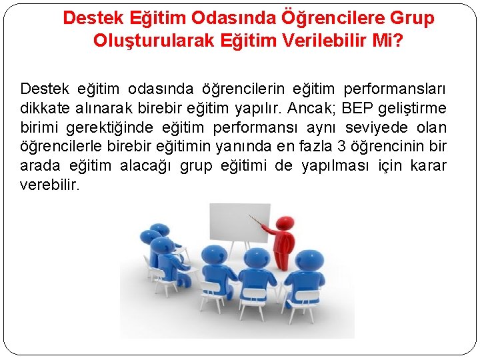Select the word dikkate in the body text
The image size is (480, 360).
click(x=44, y=108)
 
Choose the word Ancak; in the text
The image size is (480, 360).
click(x=312, y=108)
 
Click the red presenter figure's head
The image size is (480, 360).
click(x=285, y=223)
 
